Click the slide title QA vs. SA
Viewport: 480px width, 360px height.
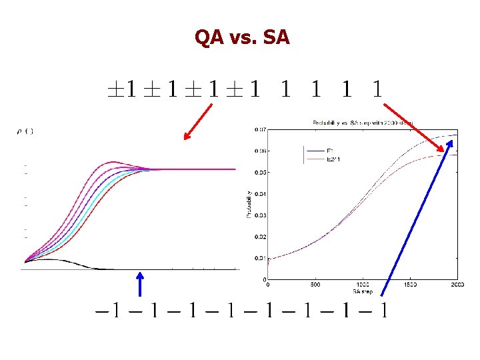[x=242, y=37]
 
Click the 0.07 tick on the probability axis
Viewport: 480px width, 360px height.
[x=261, y=129]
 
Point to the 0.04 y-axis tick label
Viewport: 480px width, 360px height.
[x=261, y=194]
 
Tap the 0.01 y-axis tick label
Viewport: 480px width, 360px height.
[x=261, y=258]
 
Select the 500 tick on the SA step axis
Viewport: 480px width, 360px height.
[x=315, y=285]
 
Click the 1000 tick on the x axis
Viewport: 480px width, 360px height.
[x=363, y=285]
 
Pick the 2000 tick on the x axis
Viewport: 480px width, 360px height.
[x=457, y=285]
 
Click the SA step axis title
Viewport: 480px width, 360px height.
[x=362, y=291]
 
